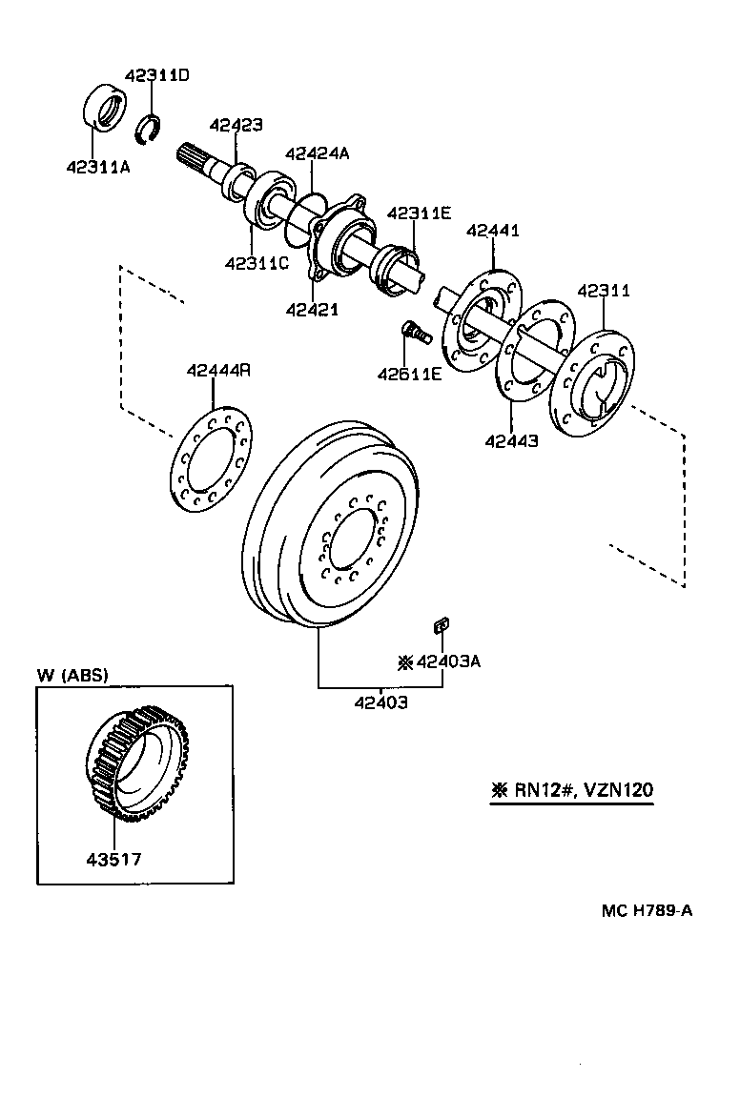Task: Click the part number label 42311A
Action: [x=98, y=168]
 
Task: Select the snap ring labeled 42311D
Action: [x=149, y=129]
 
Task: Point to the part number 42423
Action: [x=236, y=125]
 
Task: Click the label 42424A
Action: [x=317, y=153]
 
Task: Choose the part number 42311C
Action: [x=256, y=263]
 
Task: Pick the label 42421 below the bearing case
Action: [x=312, y=309]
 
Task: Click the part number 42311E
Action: [x=419, y=213]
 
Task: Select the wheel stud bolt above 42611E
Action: [x=416, y=334]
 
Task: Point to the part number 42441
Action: [x=493, y=231]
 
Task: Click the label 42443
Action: [x=511, y=441]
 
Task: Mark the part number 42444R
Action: [x=218, y=371]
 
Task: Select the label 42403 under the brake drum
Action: [x=380, y=703]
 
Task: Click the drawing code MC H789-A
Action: [x=646, y=909]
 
